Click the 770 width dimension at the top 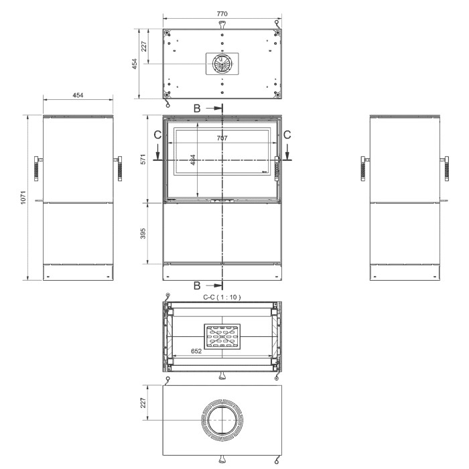coord(222,14)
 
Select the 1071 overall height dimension coord(23,198)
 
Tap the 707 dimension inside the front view coord(222,138)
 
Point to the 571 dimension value coord(143,159)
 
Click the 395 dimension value coord(143,233)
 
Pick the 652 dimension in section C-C coord(196,351)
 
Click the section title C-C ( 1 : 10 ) coord(222,297)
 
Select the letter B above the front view coord(197,109)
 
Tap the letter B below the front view coord(197,285)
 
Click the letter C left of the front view coord(157,135)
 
